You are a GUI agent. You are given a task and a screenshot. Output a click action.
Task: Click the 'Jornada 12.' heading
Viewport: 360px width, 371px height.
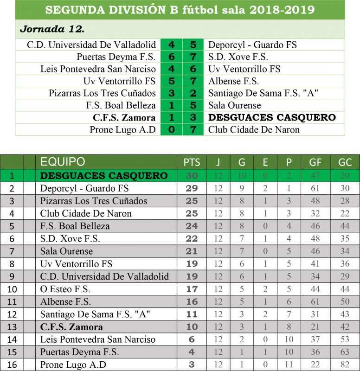(x=52, y=29)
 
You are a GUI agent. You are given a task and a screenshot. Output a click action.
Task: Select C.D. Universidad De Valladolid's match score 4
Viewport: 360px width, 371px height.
(x=172, y=45)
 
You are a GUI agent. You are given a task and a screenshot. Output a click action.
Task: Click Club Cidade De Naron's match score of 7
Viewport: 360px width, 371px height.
(x=193, y=129)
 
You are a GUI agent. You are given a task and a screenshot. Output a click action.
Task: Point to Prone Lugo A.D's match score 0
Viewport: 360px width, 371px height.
(x=172, y=129)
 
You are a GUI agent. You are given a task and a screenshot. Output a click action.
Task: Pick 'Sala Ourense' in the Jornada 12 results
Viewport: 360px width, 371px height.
(x=234, y=105)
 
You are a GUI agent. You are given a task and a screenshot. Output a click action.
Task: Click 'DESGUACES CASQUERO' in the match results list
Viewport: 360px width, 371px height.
(x=272, y=117)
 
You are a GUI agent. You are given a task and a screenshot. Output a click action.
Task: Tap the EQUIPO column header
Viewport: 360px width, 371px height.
(x=63, y=162)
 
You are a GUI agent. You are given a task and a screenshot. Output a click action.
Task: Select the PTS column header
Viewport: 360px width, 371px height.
(x=192, y=162)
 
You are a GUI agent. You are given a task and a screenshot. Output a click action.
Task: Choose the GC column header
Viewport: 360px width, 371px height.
(x=345, y=162)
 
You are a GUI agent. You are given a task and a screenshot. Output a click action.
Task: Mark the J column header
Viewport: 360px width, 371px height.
(x=218, y=162)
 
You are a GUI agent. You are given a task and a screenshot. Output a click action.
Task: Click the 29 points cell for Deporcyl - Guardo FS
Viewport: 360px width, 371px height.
(x=192, y=188)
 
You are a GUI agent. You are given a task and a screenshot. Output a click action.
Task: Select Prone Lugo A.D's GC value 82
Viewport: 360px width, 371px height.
(x=345, y=365)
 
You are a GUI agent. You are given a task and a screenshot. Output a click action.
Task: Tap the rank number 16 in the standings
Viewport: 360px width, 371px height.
(x=12, y=365)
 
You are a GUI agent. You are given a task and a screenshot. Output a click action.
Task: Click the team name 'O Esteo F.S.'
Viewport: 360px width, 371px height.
(x=65, y=289)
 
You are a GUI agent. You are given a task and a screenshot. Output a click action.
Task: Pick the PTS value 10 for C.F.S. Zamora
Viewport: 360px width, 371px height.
(x=192, y=327)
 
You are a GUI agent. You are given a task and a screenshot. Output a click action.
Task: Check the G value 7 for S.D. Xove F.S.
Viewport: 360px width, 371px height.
(x=242, y=239)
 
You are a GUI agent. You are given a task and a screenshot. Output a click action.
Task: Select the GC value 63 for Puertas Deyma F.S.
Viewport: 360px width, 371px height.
(x=345, y=352)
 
